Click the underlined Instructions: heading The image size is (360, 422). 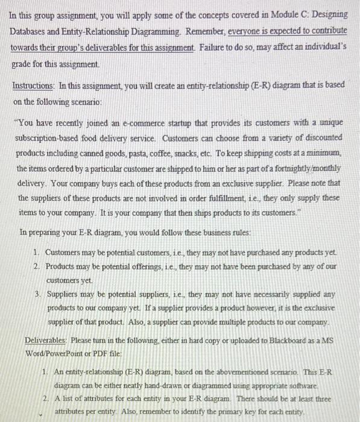pos(37,86)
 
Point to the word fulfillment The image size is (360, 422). pos(221,197)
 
